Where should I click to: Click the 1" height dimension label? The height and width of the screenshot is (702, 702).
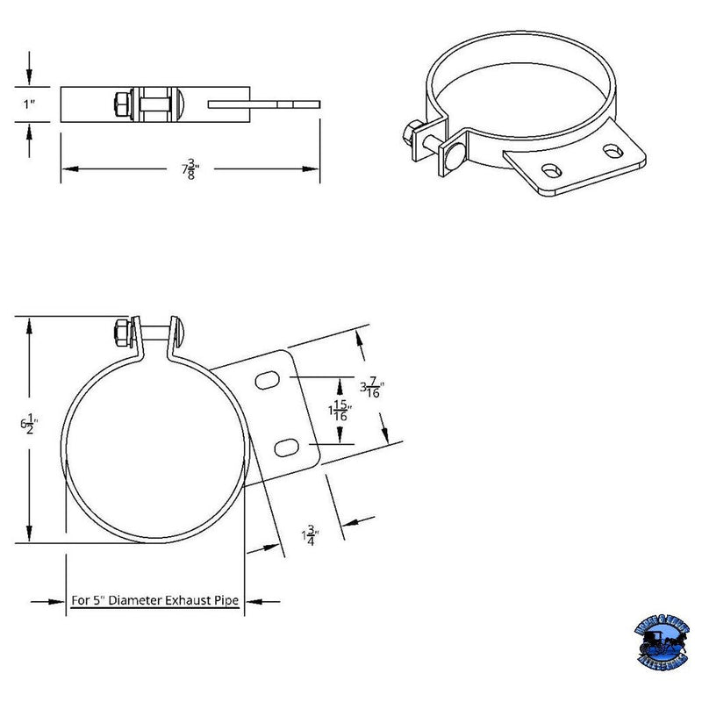[30, 104]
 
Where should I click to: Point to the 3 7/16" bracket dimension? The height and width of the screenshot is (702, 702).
[371, 386]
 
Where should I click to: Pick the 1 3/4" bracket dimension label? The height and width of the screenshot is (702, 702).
[310, 534]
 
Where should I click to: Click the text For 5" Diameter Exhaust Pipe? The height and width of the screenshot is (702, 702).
[156, 601]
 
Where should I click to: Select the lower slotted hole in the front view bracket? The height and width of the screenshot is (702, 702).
[286, 448]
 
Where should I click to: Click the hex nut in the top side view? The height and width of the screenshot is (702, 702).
[120, 104]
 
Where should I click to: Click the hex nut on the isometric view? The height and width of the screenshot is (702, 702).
[410, 134]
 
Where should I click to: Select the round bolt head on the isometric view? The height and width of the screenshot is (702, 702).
[454, 158]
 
